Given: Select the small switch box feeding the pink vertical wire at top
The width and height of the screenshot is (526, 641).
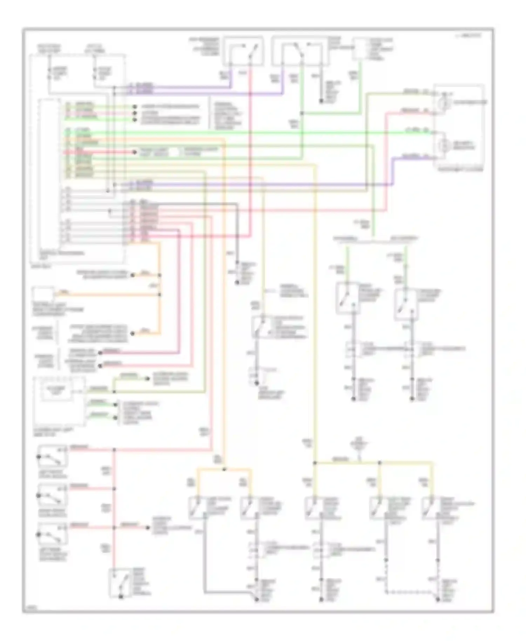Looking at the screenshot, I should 243,51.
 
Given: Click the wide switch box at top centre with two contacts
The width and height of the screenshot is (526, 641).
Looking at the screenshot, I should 300,52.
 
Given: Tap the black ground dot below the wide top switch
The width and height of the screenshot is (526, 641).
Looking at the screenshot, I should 321,101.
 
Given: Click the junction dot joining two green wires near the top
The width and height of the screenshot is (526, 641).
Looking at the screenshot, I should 302,113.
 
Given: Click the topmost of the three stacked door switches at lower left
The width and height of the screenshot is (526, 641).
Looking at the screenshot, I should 53,456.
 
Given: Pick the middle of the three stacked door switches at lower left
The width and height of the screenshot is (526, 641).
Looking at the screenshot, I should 53,495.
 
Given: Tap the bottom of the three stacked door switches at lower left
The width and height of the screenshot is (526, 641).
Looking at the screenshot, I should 53,534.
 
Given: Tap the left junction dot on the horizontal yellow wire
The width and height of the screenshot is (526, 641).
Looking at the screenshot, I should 315,463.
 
